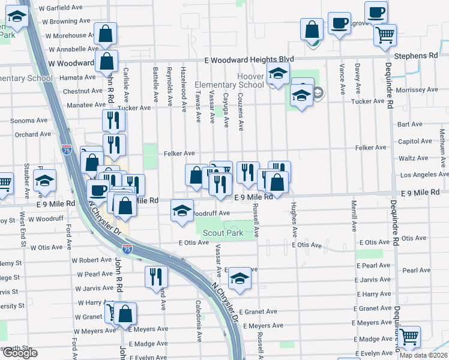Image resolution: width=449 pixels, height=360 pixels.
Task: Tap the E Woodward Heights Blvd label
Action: point(249,59)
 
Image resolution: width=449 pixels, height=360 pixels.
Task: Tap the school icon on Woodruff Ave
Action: point(182,211)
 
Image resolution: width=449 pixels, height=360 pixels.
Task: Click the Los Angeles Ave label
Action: point(424,175)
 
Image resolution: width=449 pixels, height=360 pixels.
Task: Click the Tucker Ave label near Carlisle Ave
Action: point(137,108)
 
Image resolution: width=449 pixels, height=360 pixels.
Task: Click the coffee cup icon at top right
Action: point(376,11)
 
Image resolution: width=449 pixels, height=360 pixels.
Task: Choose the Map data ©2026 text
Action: point(423,355)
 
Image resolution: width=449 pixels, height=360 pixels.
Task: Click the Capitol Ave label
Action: point(415,142)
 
